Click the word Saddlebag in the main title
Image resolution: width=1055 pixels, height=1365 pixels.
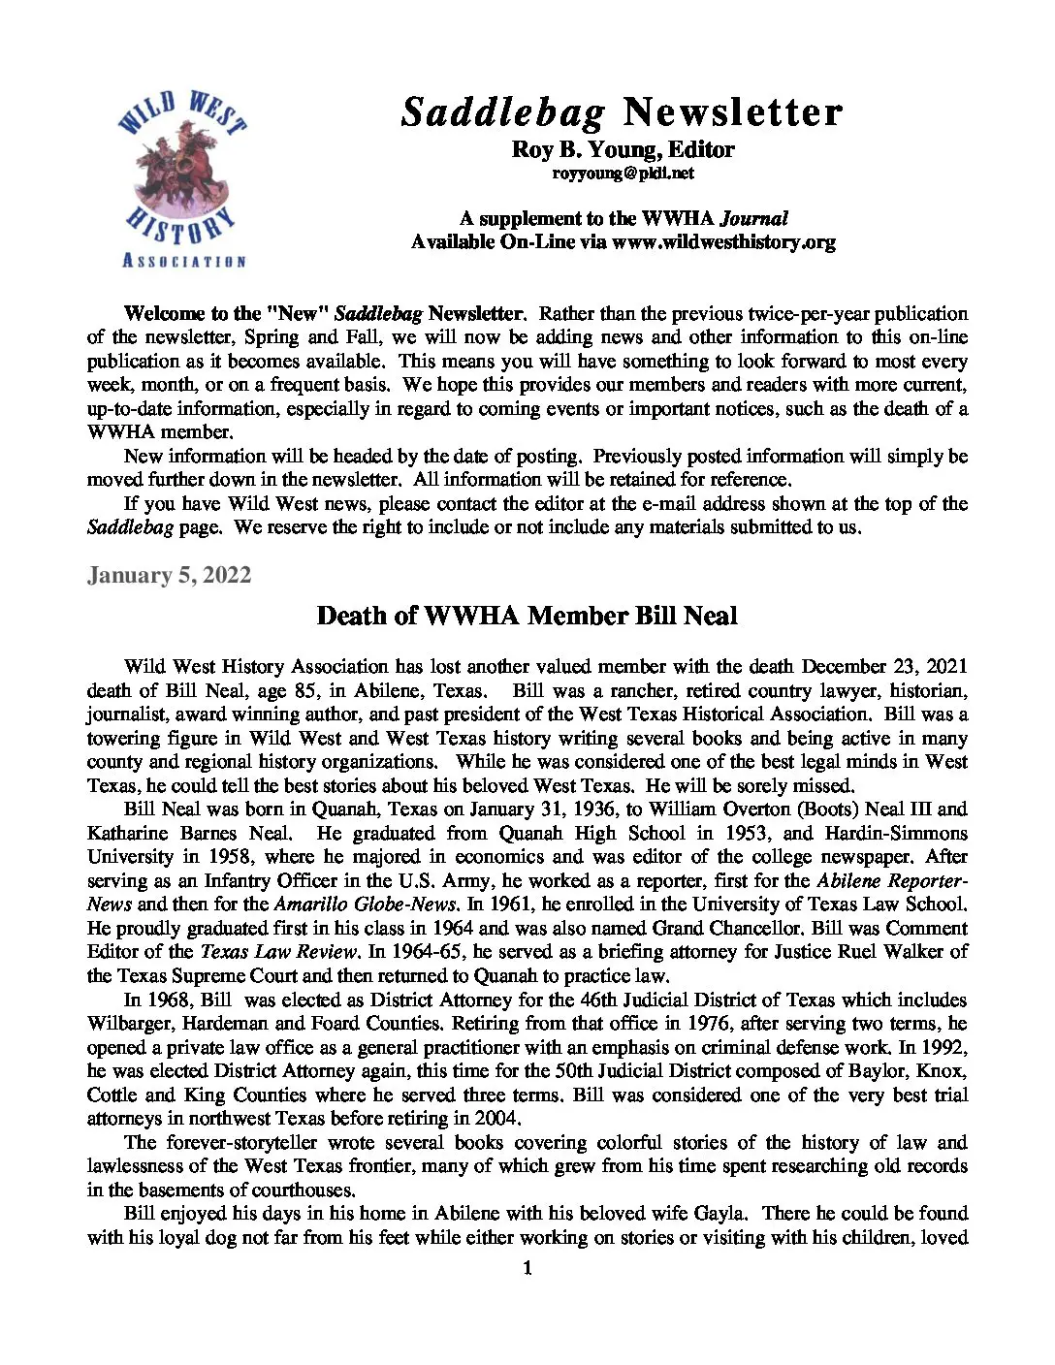pos(503,112)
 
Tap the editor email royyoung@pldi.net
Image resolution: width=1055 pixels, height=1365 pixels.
pos(623,174)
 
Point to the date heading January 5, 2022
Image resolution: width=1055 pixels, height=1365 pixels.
pos(169,575)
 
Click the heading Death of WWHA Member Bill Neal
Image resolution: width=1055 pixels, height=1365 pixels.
pos(527,616)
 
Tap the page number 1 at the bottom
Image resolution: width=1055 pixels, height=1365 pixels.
pos(527,1268)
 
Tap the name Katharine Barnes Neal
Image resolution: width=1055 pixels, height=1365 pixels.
pos(188,834)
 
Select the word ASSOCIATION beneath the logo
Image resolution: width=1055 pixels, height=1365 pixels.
pos(183,261)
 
